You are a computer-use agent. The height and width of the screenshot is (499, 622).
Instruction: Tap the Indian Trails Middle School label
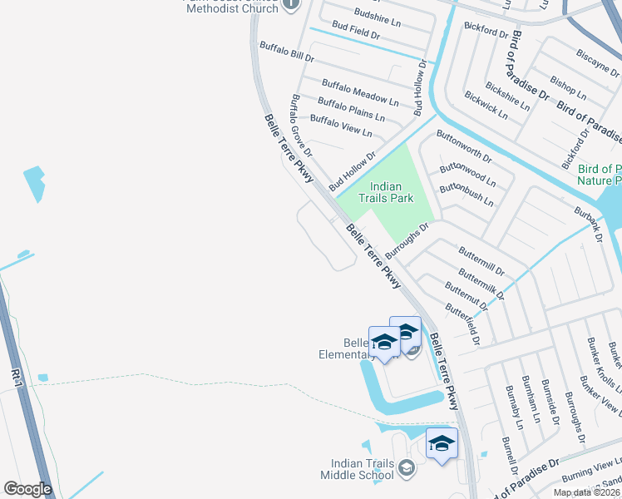coord(358,469)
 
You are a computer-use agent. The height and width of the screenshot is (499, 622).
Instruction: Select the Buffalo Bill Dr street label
coord(286,52)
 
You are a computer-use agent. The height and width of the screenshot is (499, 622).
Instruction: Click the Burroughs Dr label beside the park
coord(412,240)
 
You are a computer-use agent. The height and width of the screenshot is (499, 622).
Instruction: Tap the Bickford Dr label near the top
coord(486,32)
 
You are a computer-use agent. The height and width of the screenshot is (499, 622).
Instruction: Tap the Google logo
coord(27,489)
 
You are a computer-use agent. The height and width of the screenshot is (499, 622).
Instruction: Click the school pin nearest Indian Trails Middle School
coord(442,444)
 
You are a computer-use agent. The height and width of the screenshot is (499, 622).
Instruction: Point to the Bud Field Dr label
coord(355,36)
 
